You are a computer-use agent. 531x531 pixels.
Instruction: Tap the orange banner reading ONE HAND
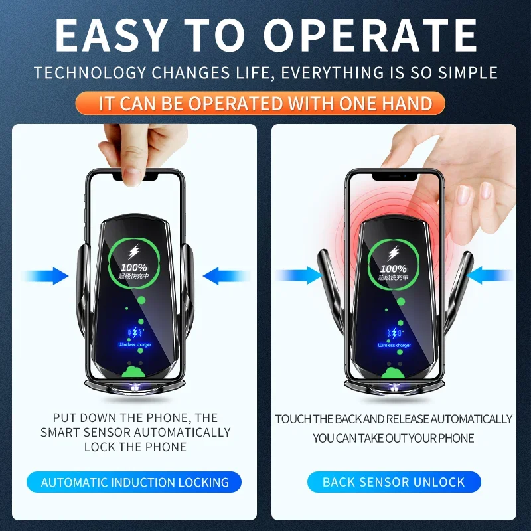(x=265, y=104)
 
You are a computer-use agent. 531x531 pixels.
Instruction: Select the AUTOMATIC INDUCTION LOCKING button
(x=135, y=483)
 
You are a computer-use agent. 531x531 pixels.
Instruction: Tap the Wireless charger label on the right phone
(x=394, y=345)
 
